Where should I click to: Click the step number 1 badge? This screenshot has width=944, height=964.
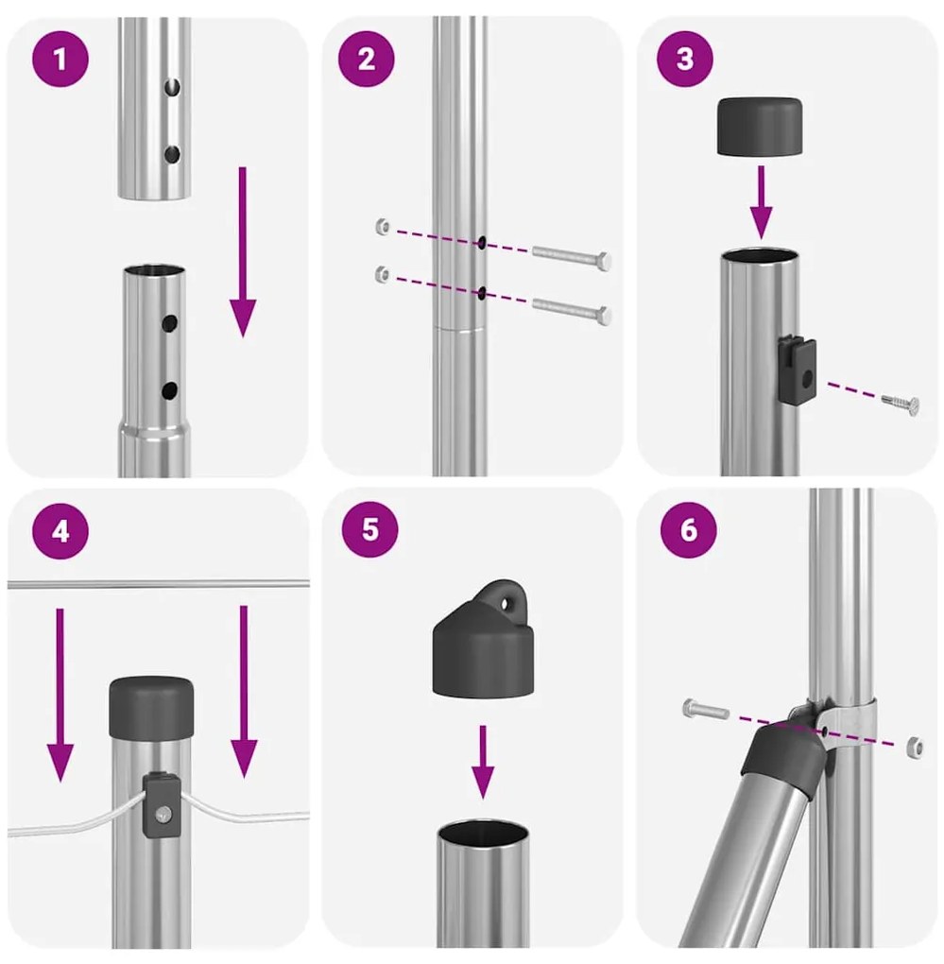(x=60, y=61)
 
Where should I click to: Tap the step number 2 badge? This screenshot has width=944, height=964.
(x=367, y=61)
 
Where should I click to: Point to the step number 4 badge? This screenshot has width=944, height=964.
(x=60, y=531)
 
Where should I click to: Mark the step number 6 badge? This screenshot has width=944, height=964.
(x=688, y=530)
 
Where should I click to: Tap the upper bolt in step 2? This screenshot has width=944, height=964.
(x=572, y=255)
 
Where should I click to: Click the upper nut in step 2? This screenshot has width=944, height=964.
(x=381, y=227)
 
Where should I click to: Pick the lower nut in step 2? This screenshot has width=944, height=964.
(x=381, y=274)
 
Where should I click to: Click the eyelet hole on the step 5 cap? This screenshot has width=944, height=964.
(x=511, y=600)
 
